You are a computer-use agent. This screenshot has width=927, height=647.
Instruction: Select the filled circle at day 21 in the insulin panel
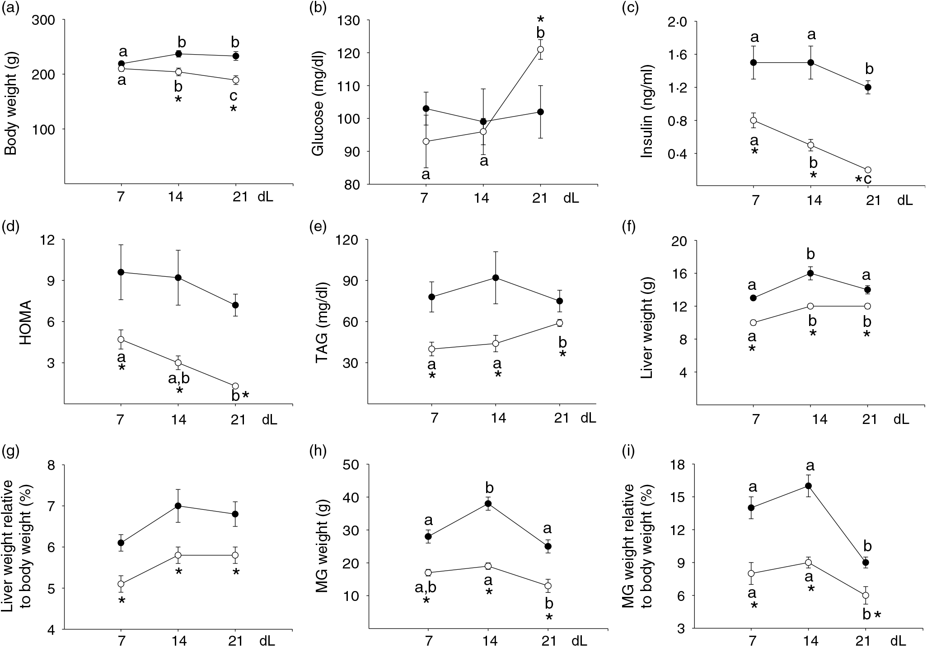[x=868, y=87]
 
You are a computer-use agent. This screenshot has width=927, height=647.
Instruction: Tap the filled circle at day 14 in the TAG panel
[x=496, y=278]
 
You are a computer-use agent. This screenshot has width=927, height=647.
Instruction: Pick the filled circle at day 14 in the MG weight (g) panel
[x=488, y=503]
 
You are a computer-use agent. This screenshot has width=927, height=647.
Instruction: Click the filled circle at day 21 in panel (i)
[x=866, y=563]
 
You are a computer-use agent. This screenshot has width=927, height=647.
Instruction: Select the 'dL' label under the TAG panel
[x=588, y=418]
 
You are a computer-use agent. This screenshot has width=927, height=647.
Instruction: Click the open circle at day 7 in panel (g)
[x=121, y=584]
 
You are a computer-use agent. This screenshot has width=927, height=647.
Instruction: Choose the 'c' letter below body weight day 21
[x=234, y=96]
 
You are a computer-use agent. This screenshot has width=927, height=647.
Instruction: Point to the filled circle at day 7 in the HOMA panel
[x=121, y=272]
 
